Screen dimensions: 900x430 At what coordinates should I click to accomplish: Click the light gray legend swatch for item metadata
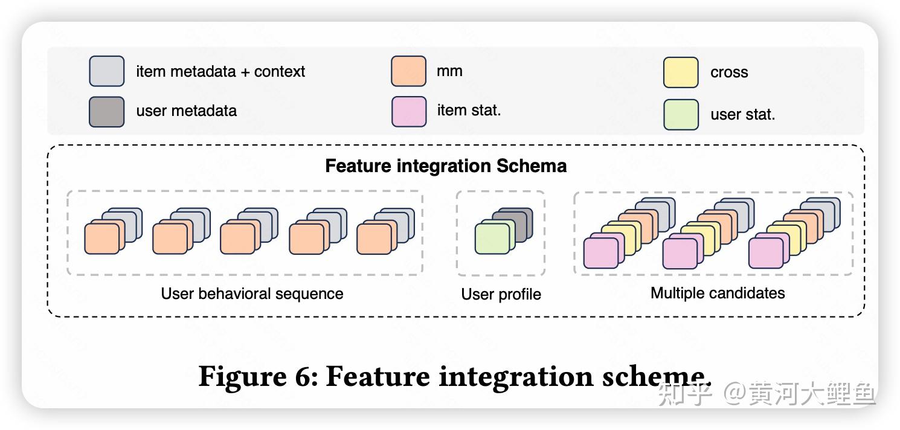tap(106, 71)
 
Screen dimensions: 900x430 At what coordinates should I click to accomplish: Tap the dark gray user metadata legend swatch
tap(106, 112)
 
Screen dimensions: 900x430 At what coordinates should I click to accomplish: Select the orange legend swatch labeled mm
tap(408, 71)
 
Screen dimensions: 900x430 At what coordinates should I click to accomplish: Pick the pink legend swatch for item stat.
tap(409, 111)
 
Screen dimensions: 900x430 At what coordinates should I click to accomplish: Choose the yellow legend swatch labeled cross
tap(681, 72)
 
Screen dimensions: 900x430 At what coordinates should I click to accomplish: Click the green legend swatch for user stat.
tap(681, 115)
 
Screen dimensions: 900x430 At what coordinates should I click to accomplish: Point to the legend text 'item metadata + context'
tap(220, 71)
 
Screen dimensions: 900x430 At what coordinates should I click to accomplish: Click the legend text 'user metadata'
tap(187, 111)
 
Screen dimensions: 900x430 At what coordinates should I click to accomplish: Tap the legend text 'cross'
tap(729, 72)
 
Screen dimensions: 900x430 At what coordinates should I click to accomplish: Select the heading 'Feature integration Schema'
tap(446, 165)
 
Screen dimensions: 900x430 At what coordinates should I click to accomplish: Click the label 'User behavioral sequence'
tap(252, 294)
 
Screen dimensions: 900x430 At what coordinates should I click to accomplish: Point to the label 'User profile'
tap(501, 294)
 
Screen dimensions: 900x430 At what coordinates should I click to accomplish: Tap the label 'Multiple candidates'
tap(718, 293)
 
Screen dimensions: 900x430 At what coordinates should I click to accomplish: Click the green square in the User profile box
tap(492, 239)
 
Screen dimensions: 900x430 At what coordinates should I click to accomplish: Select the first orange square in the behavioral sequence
tap(101, 239)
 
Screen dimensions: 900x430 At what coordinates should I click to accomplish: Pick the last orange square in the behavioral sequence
tap(374, 239)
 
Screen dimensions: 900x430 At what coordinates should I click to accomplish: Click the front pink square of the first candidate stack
tap(601, 253)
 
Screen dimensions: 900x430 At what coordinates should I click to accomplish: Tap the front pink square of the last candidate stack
tap(766, 253)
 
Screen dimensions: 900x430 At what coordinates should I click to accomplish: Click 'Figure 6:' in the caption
tap(258, 376)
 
